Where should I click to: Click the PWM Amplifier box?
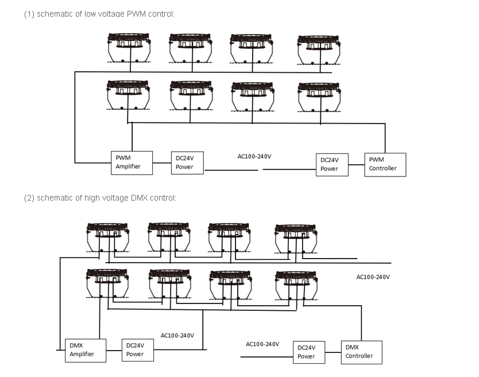[132, 163]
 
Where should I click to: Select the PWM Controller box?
[385, 164]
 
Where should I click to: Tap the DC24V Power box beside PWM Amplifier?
[187, 163]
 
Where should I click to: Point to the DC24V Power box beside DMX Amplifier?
[138, 349]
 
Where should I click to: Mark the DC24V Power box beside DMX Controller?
[309, 352]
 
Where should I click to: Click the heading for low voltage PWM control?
[99, 14]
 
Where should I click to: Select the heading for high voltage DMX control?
[100, 198]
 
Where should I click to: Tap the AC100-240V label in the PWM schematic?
[254, 156]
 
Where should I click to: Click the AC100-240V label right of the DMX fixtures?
[373, 277]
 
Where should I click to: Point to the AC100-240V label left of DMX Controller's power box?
[262, 344]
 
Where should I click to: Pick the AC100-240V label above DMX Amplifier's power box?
[177, 336]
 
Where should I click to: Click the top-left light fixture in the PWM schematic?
[130, 48]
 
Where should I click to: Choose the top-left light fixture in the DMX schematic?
[107, 236]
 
